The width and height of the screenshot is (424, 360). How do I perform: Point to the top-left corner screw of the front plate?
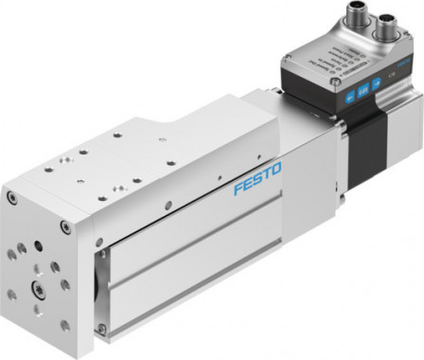(10, 198)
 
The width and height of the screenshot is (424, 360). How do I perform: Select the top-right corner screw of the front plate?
(63, 226)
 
